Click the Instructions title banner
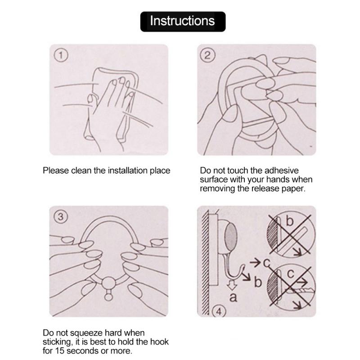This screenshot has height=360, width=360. (183, 21)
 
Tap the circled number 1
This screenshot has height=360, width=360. (61, 55)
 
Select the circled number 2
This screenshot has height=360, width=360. (207, 55)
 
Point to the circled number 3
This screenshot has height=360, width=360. (61, 217)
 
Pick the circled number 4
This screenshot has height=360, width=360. (219, 311)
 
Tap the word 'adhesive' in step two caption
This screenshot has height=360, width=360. (282, 171)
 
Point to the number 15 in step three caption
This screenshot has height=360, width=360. (60, 351)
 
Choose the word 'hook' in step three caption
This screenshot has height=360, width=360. (159, 342)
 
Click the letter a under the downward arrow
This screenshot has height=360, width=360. (233, 297)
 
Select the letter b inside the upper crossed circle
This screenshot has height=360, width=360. (290, 221)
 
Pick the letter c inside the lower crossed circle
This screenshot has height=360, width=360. (290, 274)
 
